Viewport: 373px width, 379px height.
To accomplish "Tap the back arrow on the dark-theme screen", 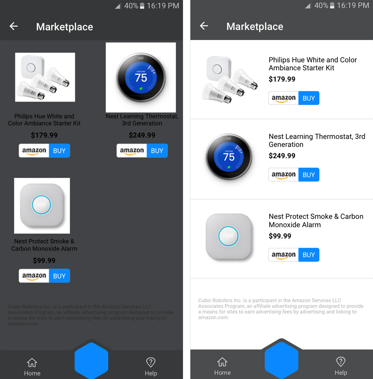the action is click(x=14, y=26).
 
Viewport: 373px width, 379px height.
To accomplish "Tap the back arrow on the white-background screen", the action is click(x=204, y=26).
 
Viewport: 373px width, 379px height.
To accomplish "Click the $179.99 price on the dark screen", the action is click(x=44, y=135).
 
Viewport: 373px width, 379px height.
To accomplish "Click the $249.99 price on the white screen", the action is click(x=282, y=155).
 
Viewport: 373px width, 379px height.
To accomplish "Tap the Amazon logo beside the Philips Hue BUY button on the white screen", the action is click(x=284, y=98).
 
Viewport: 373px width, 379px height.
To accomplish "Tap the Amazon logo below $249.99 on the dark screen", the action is click(x=132, y=151).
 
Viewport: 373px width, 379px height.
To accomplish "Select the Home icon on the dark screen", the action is click(x=32, y=362).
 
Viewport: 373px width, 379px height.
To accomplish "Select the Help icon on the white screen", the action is click(x=341, y=362).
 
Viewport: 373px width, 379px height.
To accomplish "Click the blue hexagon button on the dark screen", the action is click(x=91, y=361).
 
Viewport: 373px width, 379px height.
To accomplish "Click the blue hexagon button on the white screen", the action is click(x=282, y=360).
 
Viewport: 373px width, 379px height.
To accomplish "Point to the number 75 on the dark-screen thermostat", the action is click(x=141, y=78).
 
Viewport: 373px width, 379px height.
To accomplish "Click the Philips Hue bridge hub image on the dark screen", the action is click(x=32, y=67).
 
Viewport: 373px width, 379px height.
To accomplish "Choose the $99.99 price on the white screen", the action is click(x=280, y=236).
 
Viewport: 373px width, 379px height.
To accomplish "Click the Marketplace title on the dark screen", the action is click(x=65, y=27).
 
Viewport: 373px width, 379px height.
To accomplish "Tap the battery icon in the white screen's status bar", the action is click(x=332, y=5).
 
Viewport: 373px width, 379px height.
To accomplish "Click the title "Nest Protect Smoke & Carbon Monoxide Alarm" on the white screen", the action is click(x=316, y=221).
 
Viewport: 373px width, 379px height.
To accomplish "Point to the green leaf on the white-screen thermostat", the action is click(x=229, y=167).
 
